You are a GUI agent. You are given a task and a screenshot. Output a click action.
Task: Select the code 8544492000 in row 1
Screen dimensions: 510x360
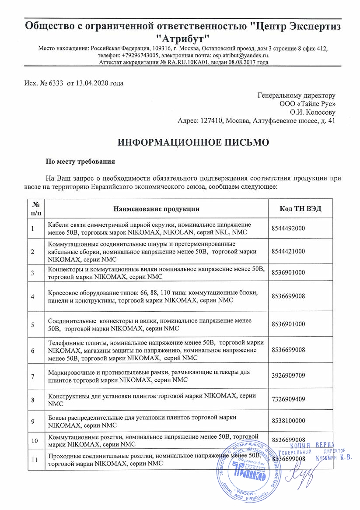pos(288,228)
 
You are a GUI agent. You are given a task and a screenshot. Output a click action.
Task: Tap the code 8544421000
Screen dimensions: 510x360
pos(288,251)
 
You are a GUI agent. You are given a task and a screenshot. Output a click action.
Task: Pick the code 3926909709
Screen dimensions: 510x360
pos(288,376)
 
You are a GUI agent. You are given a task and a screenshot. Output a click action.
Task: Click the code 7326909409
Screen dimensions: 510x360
pos(288,399)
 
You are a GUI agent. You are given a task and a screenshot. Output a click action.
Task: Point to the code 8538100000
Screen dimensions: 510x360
pos(288,421)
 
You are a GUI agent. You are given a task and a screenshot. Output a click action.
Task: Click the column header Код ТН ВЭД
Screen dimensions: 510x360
pos(300,208)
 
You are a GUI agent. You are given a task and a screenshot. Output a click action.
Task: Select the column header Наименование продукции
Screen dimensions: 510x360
pos(157,208)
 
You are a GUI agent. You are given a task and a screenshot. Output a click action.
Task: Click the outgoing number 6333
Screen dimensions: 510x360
pos(56,83)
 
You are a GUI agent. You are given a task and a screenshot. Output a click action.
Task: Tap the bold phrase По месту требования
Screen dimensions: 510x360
pos(80,162)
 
